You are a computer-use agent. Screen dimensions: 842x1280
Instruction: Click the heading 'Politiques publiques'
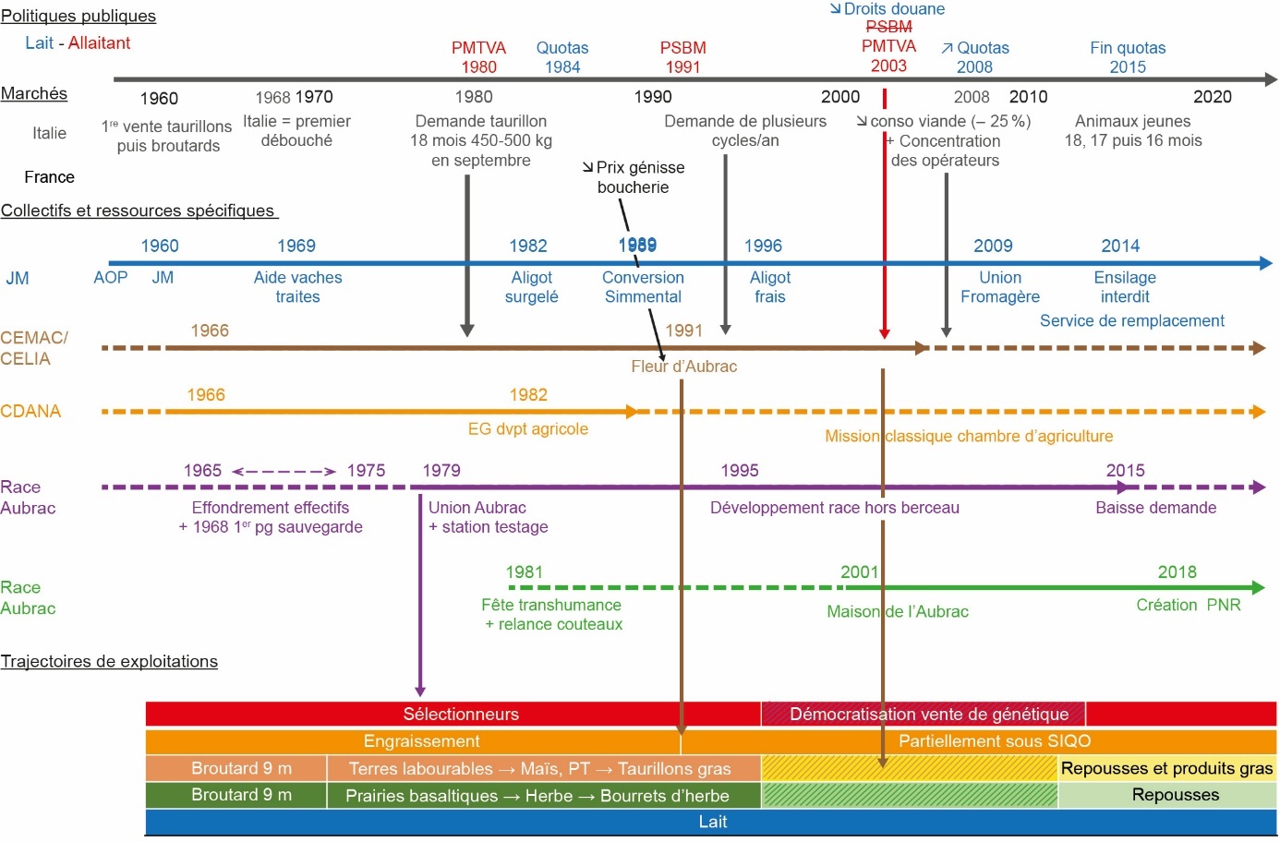click(x=78, y=16)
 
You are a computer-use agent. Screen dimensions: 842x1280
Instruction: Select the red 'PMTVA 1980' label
click(x=478, y=57)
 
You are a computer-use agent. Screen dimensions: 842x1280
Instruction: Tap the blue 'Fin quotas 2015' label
click(x=1128, y=57)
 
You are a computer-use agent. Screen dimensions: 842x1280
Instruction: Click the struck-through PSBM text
click(x=888, y=27)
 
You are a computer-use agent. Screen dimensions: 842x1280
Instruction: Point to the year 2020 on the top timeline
click(x=1212, y=97)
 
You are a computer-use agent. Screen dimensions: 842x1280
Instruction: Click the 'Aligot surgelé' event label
click(x=531, y=287)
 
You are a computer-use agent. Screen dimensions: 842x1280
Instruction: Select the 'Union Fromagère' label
click(x=999, y=287)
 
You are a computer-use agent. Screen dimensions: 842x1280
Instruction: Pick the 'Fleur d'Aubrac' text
click(x=683, y=367)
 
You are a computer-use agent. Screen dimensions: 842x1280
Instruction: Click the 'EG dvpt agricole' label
click(x=527, y=428)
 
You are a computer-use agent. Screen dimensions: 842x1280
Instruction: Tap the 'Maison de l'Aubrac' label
click(x=897, y=611)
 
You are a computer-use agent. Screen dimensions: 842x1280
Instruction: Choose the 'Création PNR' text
click(x=1188, y=605)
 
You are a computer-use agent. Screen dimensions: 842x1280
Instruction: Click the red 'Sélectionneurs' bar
click(x=460, y=714)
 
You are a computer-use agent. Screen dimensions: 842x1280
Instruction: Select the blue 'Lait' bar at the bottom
click(x=711, y=822)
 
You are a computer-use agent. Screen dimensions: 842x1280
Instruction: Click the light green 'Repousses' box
click(x=1175, y=795)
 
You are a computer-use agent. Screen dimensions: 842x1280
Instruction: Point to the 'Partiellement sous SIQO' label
click(x=994, y=741)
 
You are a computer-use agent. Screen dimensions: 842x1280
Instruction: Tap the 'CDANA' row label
click(x=30, y=411)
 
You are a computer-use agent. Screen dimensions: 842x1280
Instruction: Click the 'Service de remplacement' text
click(x=1131, y=320)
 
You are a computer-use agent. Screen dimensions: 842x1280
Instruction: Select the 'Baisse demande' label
click(x=1155, y=508)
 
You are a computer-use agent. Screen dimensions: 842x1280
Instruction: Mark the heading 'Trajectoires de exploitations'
click(x=109, y=661)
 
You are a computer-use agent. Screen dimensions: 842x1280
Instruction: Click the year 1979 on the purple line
click(x=441, y=470)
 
